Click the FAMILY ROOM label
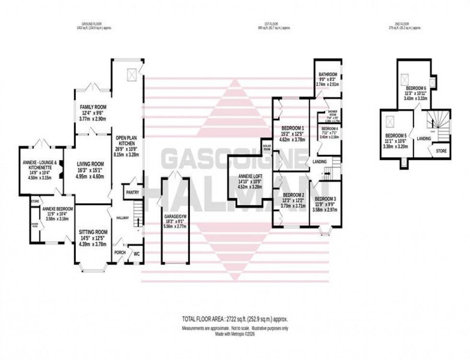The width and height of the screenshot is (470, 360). (x=93, y=107)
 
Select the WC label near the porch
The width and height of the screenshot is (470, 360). (x=137, y=254)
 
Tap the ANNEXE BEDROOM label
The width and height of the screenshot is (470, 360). (x=57, y=209)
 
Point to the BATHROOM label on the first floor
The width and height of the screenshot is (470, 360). (x=328, y=75)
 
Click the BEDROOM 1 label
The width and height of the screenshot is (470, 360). (x=292, y=128)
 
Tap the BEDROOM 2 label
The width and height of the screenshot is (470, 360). (x=293, y=195)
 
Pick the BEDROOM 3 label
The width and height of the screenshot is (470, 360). (x=325, y=199)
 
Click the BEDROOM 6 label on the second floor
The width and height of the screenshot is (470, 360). (x=415, y=88)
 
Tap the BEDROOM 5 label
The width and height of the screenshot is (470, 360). (x=395, y=135)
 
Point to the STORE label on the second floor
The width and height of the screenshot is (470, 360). (x=441, y=151)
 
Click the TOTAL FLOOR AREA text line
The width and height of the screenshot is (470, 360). (x=235, y=319)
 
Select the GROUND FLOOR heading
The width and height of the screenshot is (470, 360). (x=93, y=25)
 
